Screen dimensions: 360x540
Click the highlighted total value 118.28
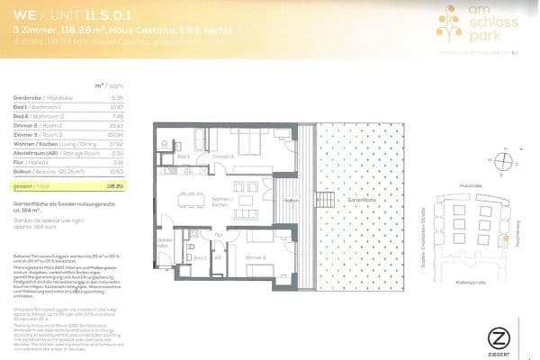[x=113, y=184]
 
